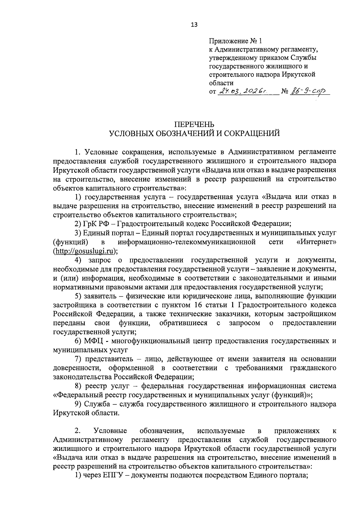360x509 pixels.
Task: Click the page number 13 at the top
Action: click(x=194, y=25)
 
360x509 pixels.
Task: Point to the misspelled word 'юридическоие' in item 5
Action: click(x=232, y=296)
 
